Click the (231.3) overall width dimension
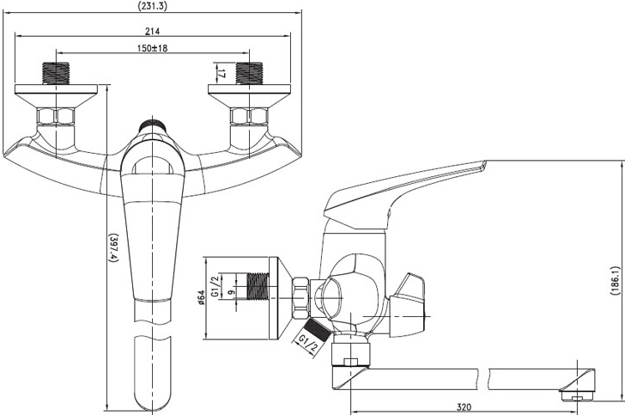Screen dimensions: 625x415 tap(152, 6)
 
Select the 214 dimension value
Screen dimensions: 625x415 tap(152, 31)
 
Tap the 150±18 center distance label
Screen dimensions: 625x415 tap(152, 48)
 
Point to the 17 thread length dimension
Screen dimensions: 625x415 tap(221, 73)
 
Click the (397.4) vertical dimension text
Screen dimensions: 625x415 tap(114, 247)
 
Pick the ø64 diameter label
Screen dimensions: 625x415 tap(201, 297)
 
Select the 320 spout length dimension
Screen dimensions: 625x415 tap(464, 407)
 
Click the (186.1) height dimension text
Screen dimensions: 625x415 tap(615, 280)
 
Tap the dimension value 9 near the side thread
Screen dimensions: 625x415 tap(231, 292)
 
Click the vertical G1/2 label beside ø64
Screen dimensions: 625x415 tap(215, 286)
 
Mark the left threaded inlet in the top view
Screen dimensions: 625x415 tap(56, 73)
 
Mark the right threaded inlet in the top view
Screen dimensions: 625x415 tap(250, 73)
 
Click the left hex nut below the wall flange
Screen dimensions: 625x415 tap(56, 116)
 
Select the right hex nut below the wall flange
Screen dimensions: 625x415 tap(250, 116)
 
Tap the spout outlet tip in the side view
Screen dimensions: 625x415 tap(577, 395)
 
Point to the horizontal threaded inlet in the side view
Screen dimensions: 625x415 tap(258, 286)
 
